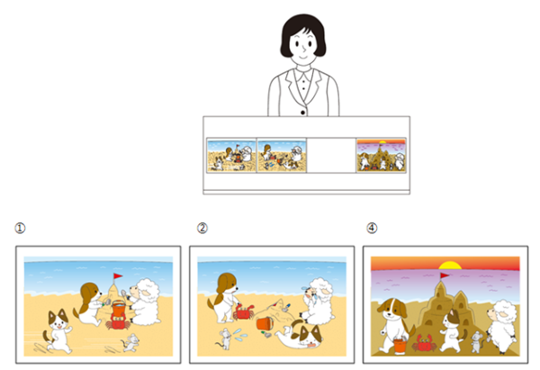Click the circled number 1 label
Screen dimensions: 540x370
20,228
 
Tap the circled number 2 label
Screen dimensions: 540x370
202,228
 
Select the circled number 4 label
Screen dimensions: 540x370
372,228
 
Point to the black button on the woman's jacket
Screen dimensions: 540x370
302,113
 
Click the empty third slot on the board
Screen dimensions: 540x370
331,155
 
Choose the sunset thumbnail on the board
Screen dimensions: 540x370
382,155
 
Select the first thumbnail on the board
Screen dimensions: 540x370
231,155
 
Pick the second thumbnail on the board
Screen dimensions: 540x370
282,155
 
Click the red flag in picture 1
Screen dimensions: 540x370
118,275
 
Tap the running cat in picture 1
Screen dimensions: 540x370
58,330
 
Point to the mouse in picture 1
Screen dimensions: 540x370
130,343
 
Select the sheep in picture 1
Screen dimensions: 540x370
145,302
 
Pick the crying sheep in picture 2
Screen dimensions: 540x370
318,301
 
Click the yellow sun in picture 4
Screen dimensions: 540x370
450,266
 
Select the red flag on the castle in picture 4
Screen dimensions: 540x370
445,275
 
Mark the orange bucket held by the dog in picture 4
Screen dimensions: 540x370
400,346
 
